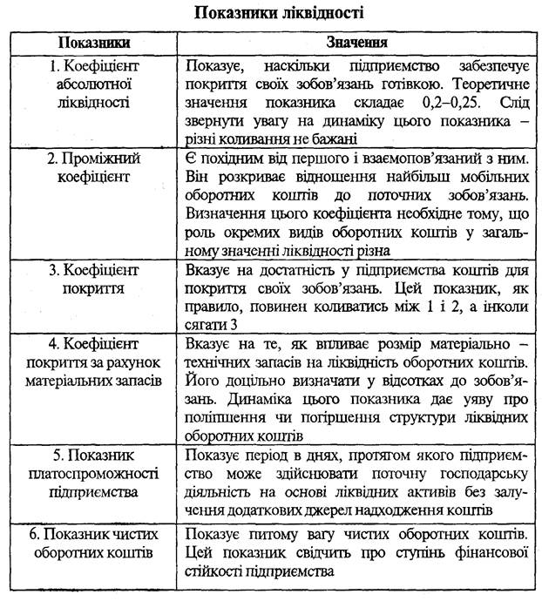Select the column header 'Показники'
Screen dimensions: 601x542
pyautogui.click(x=94, y=42)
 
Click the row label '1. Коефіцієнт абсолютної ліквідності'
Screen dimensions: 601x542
pyautogui.click(x=94, y=84)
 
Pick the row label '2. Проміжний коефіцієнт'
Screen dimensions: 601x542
pyautogui.click(x=94, y=167)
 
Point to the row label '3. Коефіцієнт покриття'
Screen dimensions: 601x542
pyautogui.click(x=94, y=278)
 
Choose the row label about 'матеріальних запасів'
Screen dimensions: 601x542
pyautogui.click(x=94, y=353)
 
